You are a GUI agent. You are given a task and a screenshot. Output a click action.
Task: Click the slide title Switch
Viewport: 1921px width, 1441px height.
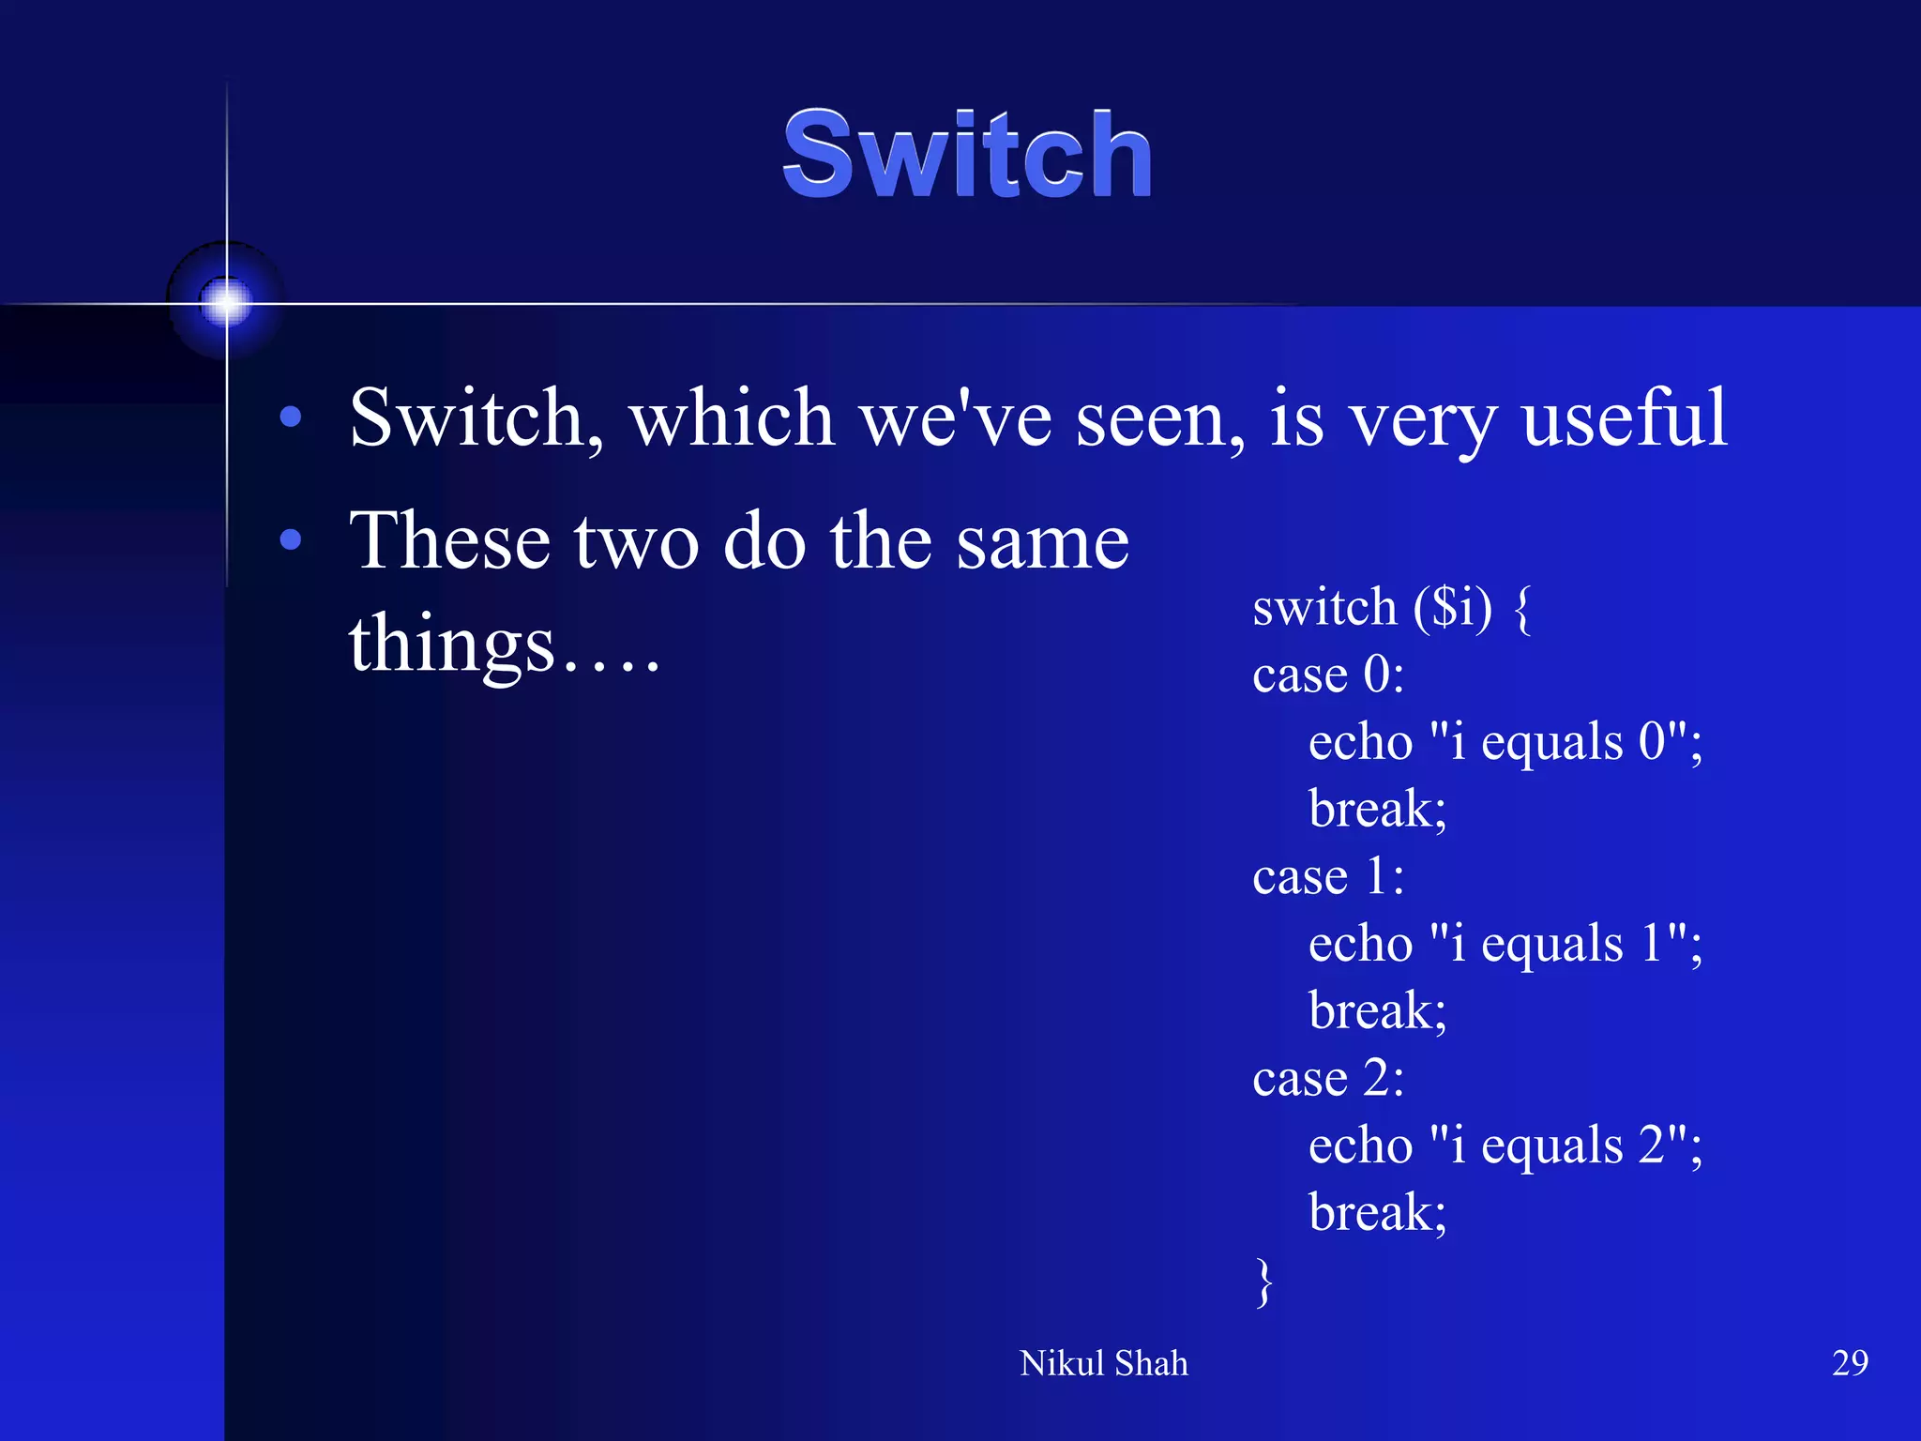[x=967, y=155]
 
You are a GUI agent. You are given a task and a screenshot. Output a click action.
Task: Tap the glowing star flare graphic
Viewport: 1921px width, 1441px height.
[x=226, y=302]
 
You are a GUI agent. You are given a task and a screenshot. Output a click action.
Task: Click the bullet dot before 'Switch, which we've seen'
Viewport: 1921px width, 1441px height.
[x=291, y=417]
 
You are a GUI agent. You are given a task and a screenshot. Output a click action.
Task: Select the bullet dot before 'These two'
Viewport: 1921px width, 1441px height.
[x=291, y=539]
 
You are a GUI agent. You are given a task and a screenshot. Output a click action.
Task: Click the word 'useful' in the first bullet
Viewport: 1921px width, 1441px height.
[x=1624, y=417]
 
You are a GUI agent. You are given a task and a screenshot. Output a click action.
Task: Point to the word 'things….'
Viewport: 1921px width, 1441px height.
[x=504, y=645]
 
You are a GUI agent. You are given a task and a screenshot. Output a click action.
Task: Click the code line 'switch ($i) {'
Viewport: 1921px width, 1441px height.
[x=1391, y=607]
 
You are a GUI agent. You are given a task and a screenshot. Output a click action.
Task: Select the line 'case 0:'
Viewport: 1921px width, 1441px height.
[x=1328, y=675]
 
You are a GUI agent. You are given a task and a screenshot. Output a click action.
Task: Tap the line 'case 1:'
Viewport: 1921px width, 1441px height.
[x=1328, y=876]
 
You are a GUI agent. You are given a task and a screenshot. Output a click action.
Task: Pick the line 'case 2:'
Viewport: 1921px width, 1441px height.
[x=1328, y=1078]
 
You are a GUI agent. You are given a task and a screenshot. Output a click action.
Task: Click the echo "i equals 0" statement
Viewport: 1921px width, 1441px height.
[x=1505, y=742]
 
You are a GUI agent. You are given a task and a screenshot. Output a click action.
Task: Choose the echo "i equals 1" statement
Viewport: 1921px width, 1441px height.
[x=1505, y=944]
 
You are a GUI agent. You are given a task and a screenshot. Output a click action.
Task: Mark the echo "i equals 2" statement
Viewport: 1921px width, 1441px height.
[x=1505, y=1145]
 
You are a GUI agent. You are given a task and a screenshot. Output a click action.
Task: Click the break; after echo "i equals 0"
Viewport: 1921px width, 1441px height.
[x=1377, y=809]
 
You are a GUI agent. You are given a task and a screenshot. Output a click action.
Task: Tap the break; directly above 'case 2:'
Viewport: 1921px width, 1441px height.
[x=1377, y=1010]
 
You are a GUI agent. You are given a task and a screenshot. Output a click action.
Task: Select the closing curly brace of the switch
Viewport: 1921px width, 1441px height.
[x=1264, y=1282]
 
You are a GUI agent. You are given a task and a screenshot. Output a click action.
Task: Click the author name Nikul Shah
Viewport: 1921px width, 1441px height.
[x=1103, y=1363]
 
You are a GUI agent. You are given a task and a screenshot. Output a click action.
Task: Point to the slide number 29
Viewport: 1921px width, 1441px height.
[x=1849, y=1362]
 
